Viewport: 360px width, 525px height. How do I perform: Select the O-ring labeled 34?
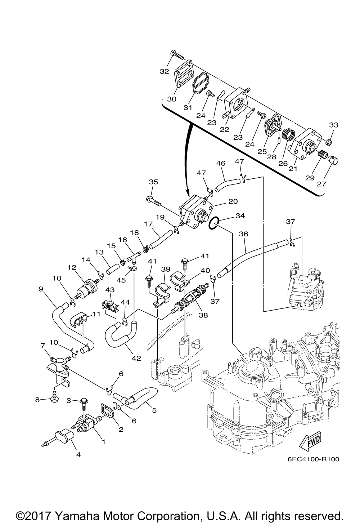coord(213,223)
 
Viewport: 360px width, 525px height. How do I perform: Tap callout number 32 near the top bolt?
coord(165,71)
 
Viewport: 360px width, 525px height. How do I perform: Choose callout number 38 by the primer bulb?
coord(203,315)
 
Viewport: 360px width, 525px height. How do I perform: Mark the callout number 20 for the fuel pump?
coord(233,201)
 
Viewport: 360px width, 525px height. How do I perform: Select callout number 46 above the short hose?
coord(221,163)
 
